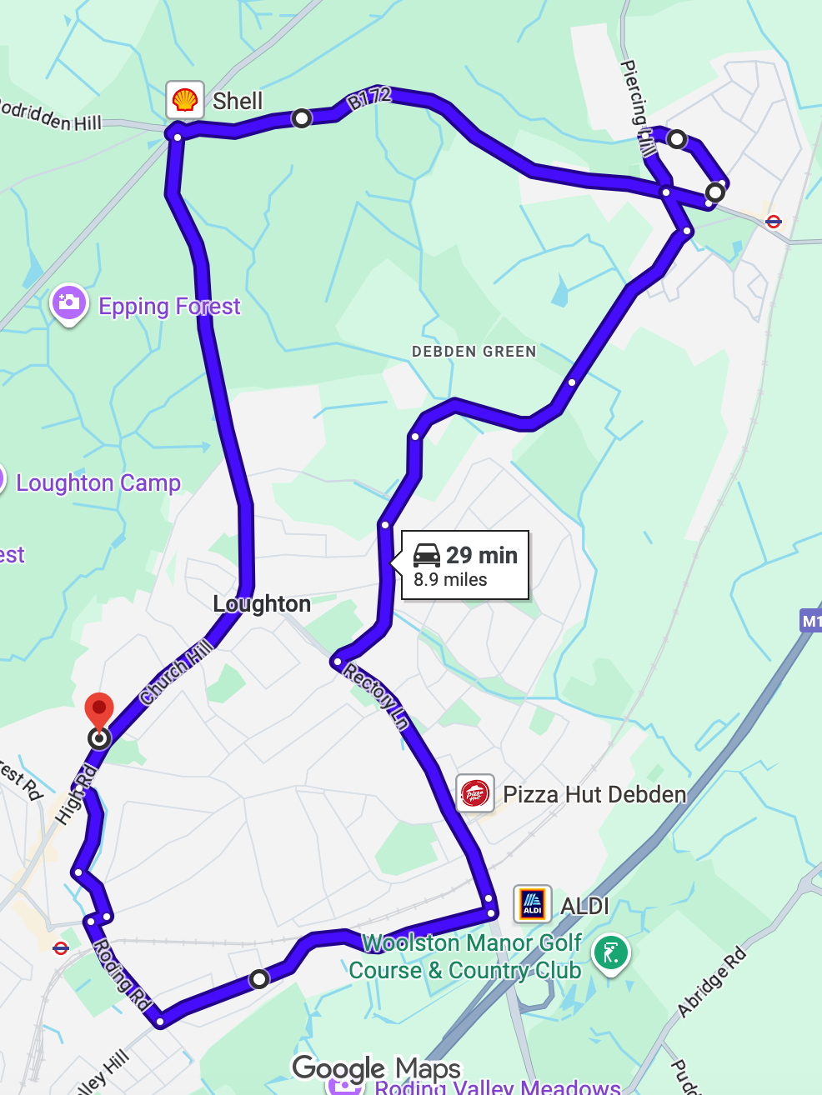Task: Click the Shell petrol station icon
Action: (184, 101)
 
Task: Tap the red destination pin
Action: (99, 711)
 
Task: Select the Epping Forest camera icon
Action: (69, 302)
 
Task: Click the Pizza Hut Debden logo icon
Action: (474, 794)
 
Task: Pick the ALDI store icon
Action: (532, 904)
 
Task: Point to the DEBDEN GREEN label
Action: (474, 352)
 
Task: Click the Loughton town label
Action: (262, 603)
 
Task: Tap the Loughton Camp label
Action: (98, 483)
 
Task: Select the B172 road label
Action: (368, 98)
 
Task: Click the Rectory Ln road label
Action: (377, 697)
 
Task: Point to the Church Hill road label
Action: (176, 671)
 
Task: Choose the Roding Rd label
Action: (121, 975)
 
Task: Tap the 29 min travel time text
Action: (482, 555)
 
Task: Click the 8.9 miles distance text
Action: (450, 580)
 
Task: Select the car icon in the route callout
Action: (427, 555)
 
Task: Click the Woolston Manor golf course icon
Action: (611, 953)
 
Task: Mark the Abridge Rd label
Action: (711, 982)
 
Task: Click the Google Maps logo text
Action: (376, 1068)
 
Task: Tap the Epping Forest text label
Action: (169, 307)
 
